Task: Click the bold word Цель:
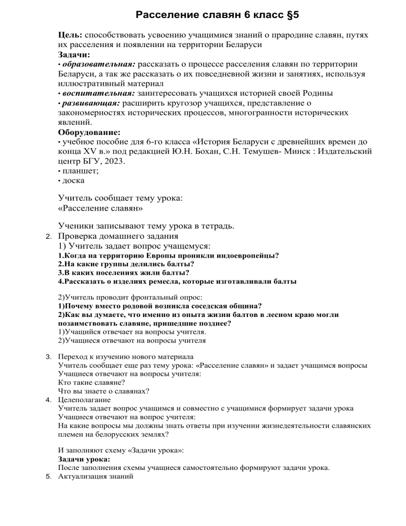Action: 70,34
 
